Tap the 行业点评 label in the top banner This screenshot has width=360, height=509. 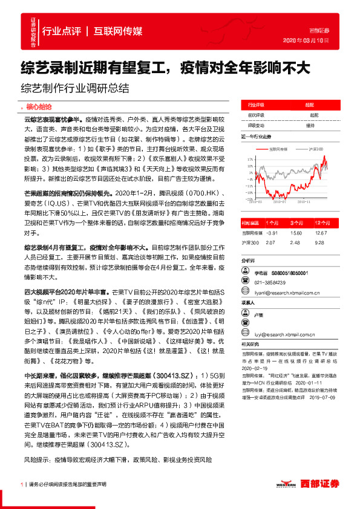(x=61, y=31)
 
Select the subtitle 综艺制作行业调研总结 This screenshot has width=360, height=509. (x=76, y=87)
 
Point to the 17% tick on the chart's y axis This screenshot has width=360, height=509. (x=249, y=159)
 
